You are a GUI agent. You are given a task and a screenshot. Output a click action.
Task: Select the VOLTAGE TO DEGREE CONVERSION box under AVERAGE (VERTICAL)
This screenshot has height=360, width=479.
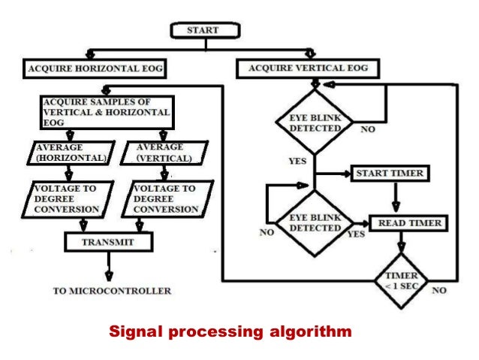[164, 198]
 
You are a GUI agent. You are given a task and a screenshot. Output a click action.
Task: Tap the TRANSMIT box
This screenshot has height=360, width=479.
[109, 241]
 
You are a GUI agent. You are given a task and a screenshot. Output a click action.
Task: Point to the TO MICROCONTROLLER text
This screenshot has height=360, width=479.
[112, 291]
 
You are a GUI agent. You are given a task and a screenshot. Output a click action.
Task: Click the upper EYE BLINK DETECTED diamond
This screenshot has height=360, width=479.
[315, 123]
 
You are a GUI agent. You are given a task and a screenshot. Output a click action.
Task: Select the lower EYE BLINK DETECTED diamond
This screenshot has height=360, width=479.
[315, 222]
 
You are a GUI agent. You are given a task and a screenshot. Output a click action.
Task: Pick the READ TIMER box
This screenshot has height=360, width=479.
[409, 223]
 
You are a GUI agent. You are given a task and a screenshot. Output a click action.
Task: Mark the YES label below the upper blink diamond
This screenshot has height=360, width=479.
[297, 161]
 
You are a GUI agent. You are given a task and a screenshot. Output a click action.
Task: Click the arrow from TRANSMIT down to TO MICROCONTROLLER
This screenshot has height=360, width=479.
[110, 265]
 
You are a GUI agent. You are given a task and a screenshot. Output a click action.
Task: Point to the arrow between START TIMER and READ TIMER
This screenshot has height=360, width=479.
[396, 198]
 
